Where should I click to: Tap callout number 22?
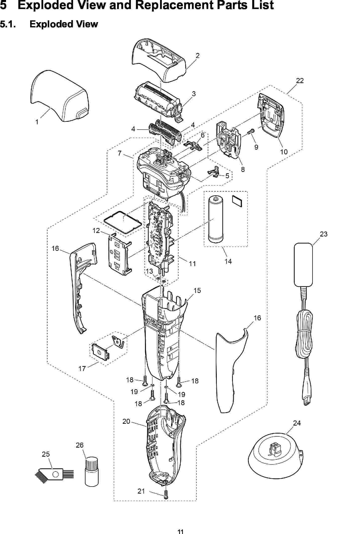[300, 81]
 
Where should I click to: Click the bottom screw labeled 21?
[166, 495]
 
